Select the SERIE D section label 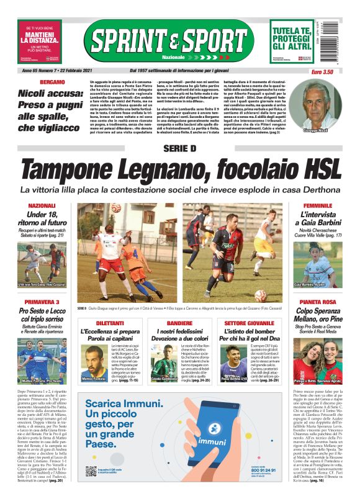click(180, 148)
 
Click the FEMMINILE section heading click(318, 205)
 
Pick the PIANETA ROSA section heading click(318, 319)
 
